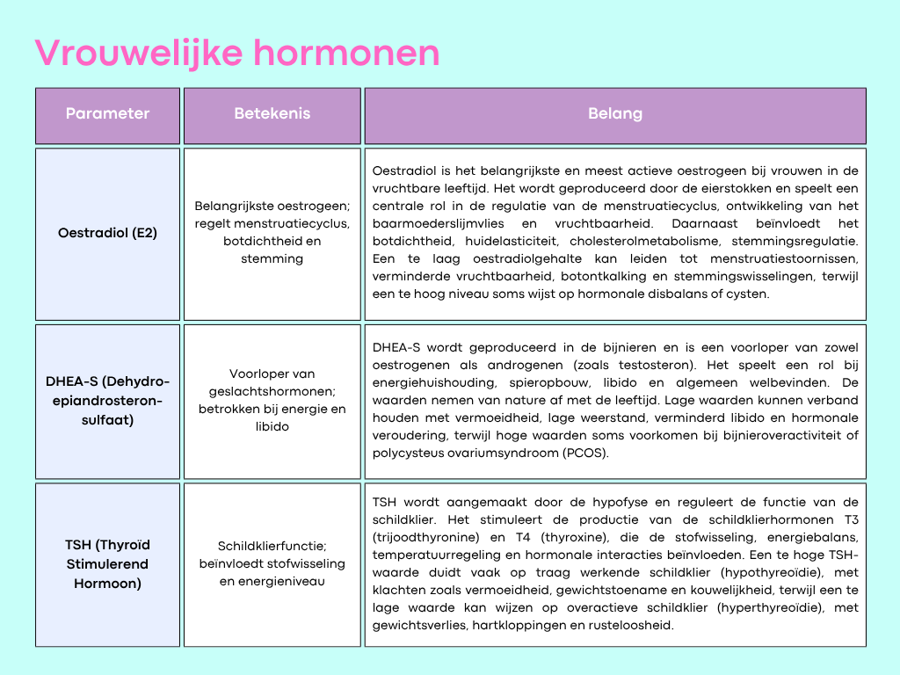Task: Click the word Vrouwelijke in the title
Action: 139,54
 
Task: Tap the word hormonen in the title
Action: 346,53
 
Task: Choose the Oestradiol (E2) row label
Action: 107,233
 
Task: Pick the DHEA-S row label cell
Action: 107,401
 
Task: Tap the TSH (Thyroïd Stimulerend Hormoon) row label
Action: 107,564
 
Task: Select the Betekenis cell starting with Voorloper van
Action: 272,400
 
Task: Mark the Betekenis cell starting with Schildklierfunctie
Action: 272,563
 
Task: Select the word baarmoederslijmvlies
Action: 438,224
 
